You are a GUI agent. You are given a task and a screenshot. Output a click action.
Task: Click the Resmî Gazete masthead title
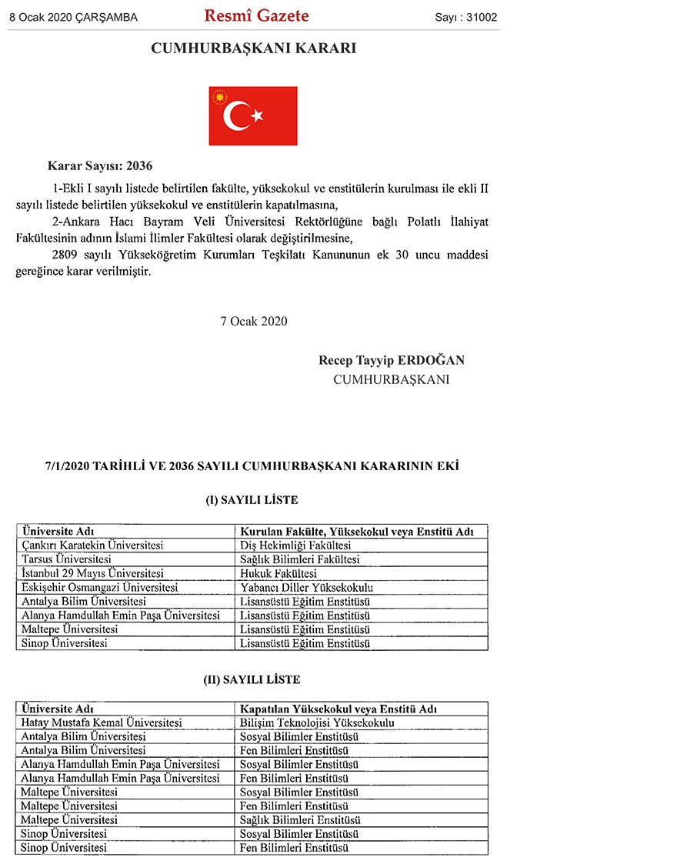pyautogui.click(x=256, y=15)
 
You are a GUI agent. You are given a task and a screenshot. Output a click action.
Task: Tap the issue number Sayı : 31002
pyautogui.click(x=466, y=17)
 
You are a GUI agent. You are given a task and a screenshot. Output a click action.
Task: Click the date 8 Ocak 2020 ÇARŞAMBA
pyautogui.click(x=74, y=17)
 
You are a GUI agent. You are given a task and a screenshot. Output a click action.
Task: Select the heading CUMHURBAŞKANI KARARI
pyautogui.click(x=253, y=48)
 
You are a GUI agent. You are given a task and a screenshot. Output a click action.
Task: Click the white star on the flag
pyautogui.click(x=257, y=116)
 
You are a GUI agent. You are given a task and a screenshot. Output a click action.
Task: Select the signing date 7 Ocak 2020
pyautogui.click(x=254, y=321)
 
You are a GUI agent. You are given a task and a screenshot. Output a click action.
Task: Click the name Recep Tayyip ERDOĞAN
pyautogui.click(x=391, y=360)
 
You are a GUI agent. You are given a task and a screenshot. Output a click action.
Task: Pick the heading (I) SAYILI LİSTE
pyautogui.click(x=252, y=500)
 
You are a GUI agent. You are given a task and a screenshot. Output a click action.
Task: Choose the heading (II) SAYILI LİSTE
pyautogui.click(x=252, y=680)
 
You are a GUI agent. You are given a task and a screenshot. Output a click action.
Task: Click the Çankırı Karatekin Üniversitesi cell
pyautogui.click(x=93, y=545)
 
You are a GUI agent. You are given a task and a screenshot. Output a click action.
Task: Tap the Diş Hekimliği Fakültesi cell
pyautogui.click(x=296, y=545)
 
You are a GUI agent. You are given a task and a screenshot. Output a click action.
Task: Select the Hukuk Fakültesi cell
pyautogui.click(x=278, y=573)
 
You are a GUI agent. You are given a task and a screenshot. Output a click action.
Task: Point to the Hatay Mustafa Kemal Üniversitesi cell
pyautogui.click(x=102, y=722)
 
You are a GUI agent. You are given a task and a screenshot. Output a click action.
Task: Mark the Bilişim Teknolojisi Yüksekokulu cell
pyautogui.click(x=318, y=722)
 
